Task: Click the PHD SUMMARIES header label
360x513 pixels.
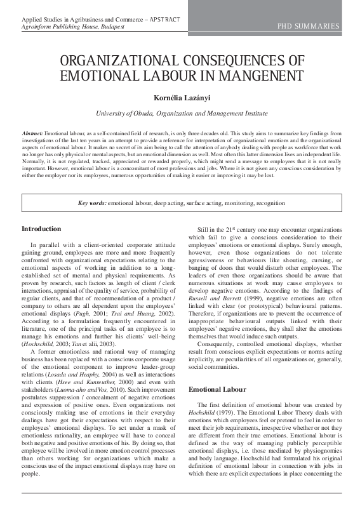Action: [x=308, y=26]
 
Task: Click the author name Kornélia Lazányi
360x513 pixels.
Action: [x=180, y=97]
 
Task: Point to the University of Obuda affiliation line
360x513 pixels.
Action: [x=180, y=113]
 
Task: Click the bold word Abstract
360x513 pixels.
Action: [x=32, y=134]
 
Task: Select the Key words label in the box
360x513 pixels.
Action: [x=91, y=203]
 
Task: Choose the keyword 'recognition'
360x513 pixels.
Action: [x=268, y=203]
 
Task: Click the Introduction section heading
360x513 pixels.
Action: [x=41, y=229]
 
